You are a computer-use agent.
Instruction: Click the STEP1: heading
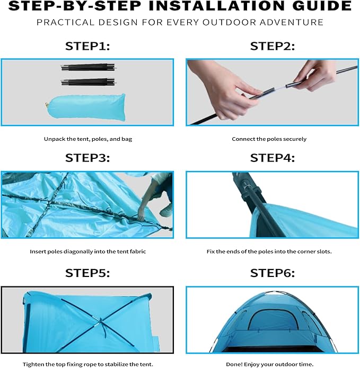87,46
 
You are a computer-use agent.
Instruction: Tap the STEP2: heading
273,46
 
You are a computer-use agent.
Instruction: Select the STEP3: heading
87,158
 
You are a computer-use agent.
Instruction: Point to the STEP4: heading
273,158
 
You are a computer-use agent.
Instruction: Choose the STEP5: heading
87,273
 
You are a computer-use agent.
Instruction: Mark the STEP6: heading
273,273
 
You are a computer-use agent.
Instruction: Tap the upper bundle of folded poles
89,67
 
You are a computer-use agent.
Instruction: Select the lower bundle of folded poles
89,82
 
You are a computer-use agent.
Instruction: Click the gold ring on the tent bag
47,105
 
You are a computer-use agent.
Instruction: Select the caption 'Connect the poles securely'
269,139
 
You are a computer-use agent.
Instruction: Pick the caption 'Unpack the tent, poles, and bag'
88,139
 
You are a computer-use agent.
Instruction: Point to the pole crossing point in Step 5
101,320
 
